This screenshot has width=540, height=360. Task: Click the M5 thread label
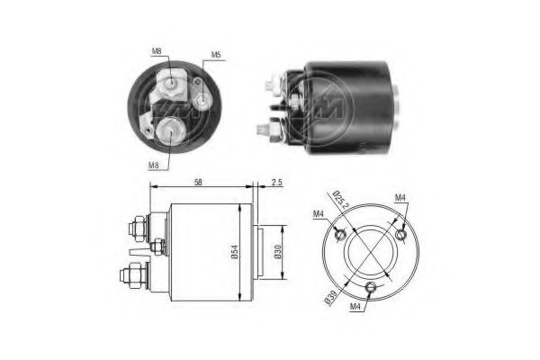[216, 54]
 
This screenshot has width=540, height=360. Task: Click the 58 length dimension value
[198, 182]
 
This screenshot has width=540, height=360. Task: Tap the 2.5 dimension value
[276, 182]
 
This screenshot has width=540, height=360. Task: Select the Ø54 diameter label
[234, 252]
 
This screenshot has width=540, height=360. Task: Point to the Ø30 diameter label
[277, 252]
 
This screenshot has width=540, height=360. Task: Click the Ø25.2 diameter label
[341, 199]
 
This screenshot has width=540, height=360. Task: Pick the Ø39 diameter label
[331, 297]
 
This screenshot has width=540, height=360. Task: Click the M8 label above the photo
[157, 51]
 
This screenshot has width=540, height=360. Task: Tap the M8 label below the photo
[154, 166]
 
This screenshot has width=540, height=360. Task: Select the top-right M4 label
[400, 197]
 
